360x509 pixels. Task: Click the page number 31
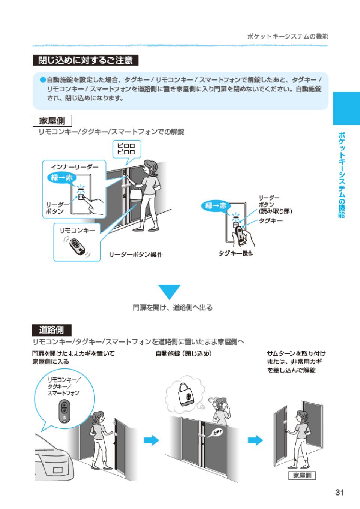tap(339, 492)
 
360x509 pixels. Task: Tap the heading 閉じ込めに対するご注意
tap(85, 60)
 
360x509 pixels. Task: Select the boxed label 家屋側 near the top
tap(52, 121)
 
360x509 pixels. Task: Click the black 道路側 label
tap(52, 330)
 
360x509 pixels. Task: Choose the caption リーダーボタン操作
tap(136, 255)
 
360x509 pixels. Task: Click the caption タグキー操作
tap(236, 254)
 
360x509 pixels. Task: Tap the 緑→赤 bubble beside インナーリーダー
tap(62, 177)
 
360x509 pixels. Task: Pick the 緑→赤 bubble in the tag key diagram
tap(216, 205)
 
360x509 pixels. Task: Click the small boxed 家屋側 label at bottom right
tap(302, 476)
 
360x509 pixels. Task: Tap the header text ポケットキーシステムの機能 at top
tap(288, 37)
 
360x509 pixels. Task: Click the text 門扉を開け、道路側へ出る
tap(172, 308)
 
